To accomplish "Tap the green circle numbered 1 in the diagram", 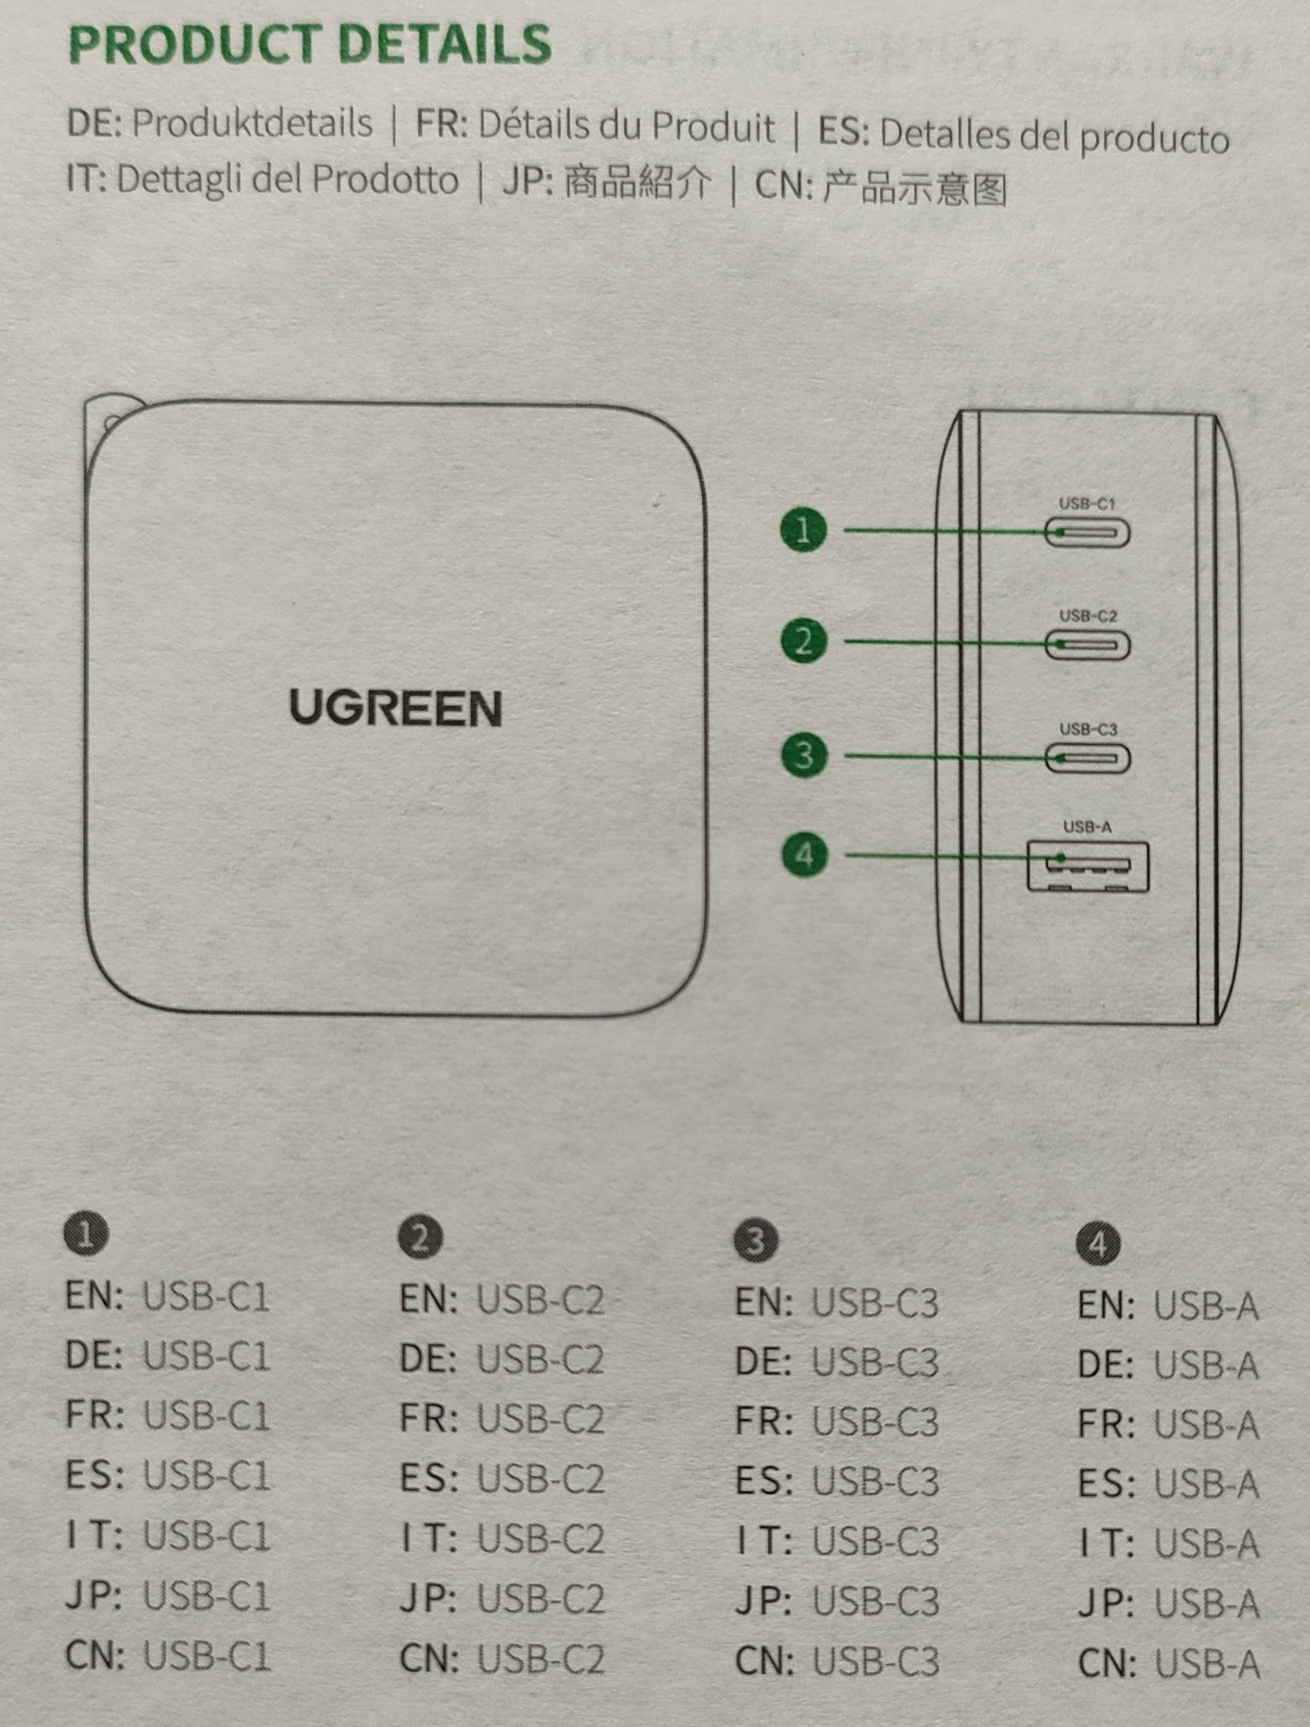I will [803, 530].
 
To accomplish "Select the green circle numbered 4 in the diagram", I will [804, 855].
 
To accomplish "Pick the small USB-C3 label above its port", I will [1088, 729].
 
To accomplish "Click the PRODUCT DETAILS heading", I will [310, 44].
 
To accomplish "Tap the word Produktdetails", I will [252, 124].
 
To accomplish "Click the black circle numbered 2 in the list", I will [420, 1238].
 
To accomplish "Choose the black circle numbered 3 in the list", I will [756, 1241].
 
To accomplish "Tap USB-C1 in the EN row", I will [206, 1298].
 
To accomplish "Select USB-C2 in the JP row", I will [540, 1599].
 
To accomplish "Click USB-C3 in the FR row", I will [875, 1422].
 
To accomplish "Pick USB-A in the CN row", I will [1206, 1664].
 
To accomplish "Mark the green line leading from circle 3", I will [945, 756].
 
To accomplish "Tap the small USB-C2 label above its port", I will [1088, 616].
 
